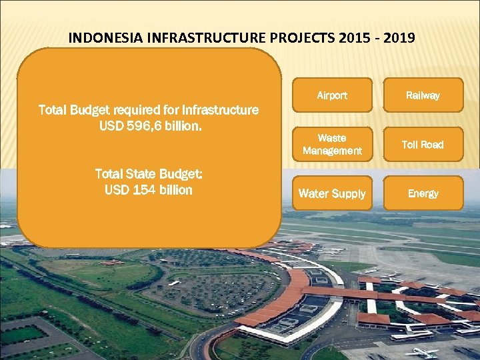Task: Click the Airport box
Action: pos(332,95)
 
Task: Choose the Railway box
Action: pos(423,95)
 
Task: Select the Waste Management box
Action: pos(332,145)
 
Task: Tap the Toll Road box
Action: pos(423,145)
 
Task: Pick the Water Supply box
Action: pos(332,193)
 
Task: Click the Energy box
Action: pos(423,193)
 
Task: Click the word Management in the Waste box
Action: pos(332,151)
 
